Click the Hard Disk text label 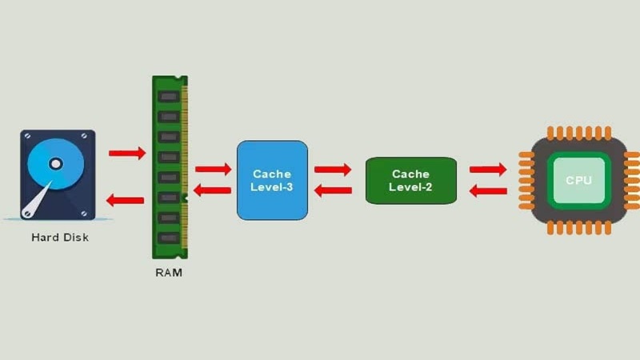(x=60, y=237)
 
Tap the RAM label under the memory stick (x=169, y=273)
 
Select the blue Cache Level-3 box (x=272, y=180)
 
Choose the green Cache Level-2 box (x=410, y=180)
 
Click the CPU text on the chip (x=578, y=180)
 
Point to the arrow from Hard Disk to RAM (x=127, y=153)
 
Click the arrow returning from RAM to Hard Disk (x=126, y=200)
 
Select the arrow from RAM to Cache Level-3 (x=213, y=169)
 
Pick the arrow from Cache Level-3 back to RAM (x=213, y=190)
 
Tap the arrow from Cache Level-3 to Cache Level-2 (x=333, y=170)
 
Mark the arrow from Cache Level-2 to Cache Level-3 (x=333, y=191)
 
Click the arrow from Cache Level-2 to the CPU (x=487, y=170)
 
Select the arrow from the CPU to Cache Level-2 (x=487, y=191)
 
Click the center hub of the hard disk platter (x=55, y=164)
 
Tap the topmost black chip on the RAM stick (x=168, y=97)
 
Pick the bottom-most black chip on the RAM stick (x=168, y=238)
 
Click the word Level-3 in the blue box (x=272, y=188)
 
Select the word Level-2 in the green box (x=410, y=187)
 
